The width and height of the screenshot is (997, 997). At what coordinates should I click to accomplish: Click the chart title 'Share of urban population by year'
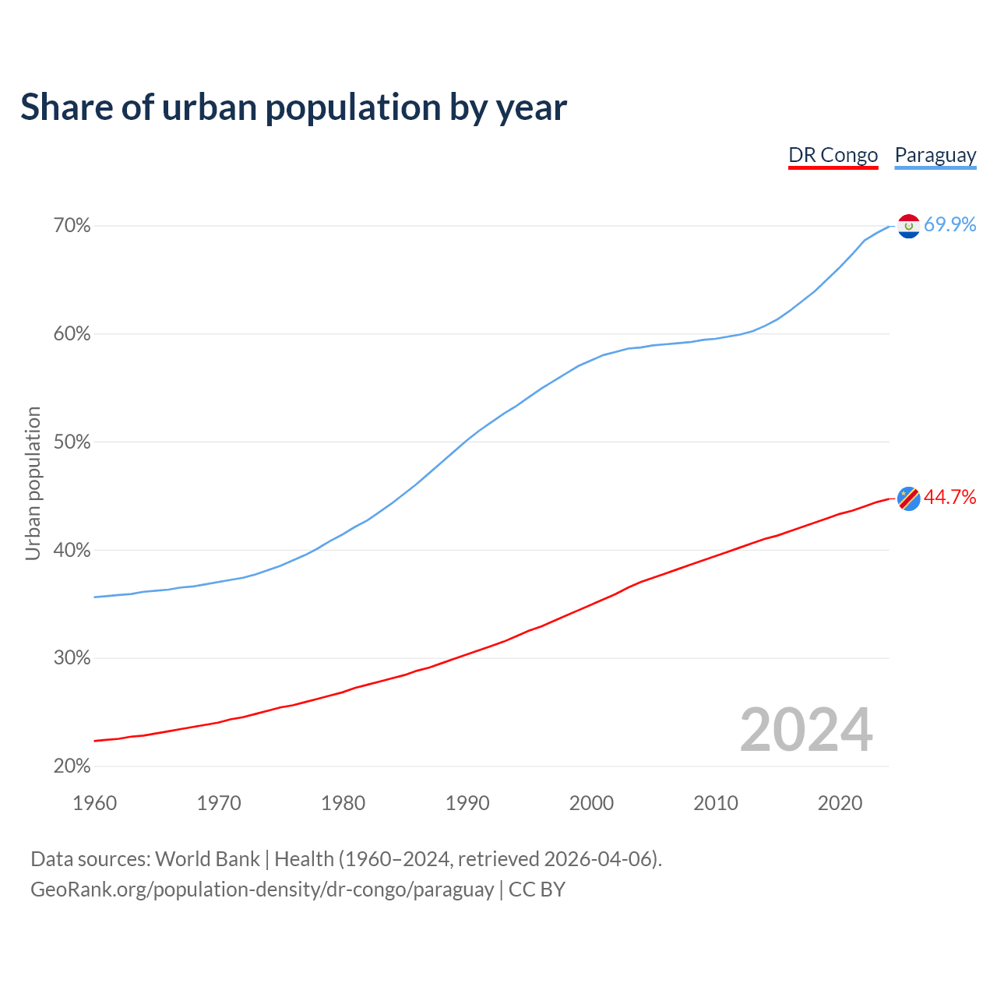(x=294, y=107)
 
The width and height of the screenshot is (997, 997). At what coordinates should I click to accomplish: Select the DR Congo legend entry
(x=833, y=155)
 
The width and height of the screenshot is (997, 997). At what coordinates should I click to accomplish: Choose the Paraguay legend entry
(x=935, y=155)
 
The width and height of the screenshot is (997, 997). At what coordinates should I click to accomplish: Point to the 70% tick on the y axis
(x=72, y=226)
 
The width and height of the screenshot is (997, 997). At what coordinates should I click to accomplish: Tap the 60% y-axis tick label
(x=72, y=334)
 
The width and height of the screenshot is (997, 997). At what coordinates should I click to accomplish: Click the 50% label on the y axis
(x=72, y=442)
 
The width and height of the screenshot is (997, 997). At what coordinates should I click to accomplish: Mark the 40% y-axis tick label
(x=72, y=551)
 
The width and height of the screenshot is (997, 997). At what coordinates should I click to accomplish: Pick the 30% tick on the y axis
(x=72, y=658)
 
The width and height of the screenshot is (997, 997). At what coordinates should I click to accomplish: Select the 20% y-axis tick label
(x=72, y=766)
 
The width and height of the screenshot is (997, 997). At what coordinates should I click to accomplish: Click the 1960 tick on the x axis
(x=94, y=803)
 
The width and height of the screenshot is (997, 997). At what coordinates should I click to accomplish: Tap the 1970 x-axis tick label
(x=219, y=803)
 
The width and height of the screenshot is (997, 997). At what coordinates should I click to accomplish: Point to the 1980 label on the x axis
(x=343, y=803)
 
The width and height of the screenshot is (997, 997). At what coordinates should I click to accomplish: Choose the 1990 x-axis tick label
(x=467, y=803)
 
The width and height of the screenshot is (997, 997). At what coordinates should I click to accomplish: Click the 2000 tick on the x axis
(x=591, y=803)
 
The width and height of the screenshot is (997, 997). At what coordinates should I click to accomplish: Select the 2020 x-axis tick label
(x=840, y=803)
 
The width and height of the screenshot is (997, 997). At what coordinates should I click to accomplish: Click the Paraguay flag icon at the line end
(x=909, y=226)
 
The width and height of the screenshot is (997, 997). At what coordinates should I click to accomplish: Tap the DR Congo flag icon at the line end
(x=909, y=498)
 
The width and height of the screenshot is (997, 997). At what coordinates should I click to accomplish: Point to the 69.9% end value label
(x=949, y=225)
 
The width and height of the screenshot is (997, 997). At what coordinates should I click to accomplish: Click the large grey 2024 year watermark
(x=806, y=730)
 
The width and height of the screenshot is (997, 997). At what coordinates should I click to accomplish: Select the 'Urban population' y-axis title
(x=33, y=483)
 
